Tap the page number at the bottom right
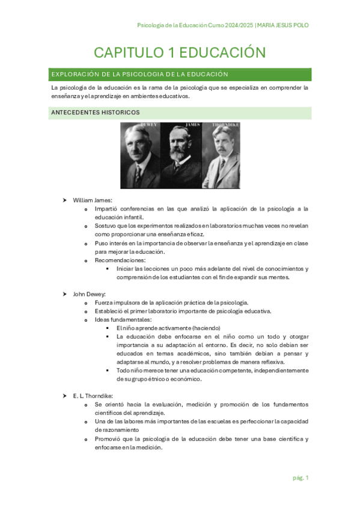[x=301, y=478]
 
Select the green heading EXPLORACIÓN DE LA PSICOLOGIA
[x=139, y=75]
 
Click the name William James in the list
[x=93, y=200]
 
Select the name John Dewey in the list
[x=90, y=293]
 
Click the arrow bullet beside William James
[x=64, y=200]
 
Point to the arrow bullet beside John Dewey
[x=64, y=293]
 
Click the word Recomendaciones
[x=120, y=260]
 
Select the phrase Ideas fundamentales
[x=123, y=319]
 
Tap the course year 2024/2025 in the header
[x=237, y=25]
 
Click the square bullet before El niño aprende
[x=107, y=328]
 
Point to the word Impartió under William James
[x=106, y=209]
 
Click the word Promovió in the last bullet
[x=108, y=439]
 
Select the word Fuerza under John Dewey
[x=104, y=303]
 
